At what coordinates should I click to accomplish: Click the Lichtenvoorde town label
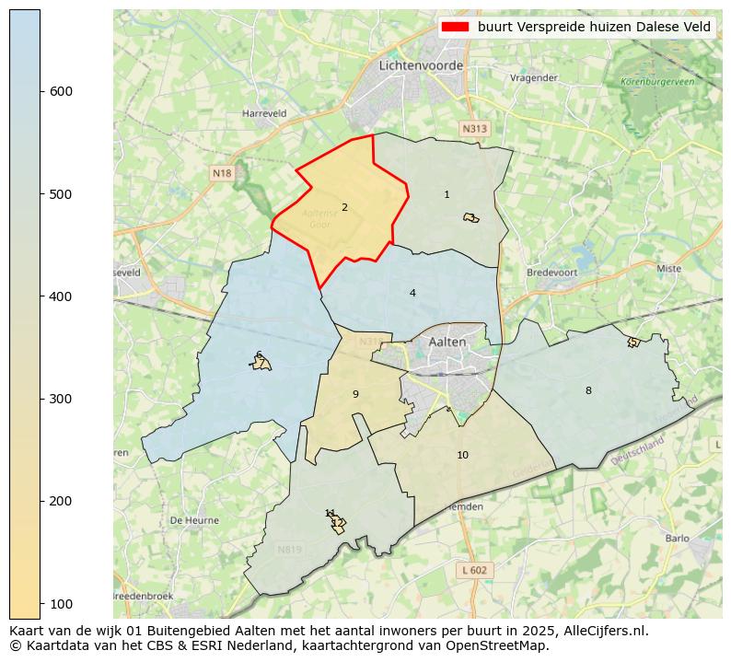pos(421,66)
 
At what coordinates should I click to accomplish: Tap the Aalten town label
pos(447,342)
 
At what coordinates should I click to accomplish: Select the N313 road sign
pos(474,129)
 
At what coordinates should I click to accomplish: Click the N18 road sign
pos(222,173)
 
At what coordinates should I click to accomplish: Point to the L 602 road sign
pos(475,570)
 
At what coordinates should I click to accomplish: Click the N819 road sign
pos(289,550)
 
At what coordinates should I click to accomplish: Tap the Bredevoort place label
pos(550,273)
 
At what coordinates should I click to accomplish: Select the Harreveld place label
pos(264,113)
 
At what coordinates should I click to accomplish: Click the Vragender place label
pos(534,78)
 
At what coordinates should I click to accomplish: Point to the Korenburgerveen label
pos(657,82)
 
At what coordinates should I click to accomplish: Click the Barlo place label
pos(677,539)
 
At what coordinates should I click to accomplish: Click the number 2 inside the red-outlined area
pos(344,207)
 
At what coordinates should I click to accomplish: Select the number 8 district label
pos(588,390)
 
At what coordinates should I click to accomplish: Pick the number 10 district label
pos(462,455)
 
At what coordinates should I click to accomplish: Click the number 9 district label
pos(355,394)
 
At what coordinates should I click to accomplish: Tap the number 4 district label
pos(412,293)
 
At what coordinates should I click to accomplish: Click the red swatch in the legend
pos(456,27)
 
